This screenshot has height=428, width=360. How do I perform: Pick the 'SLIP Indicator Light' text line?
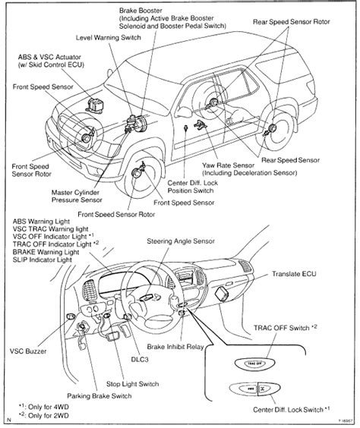click(48, 260)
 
